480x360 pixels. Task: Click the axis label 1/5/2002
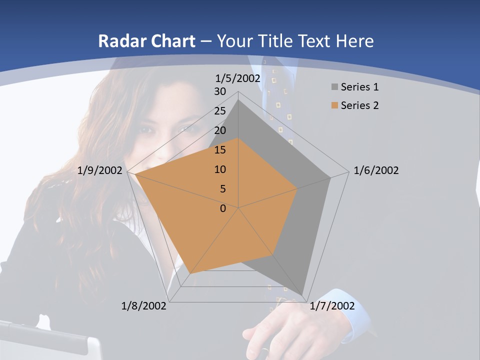point(238,78)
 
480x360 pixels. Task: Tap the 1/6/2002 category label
point(376,170)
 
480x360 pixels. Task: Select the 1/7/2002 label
point(332,306)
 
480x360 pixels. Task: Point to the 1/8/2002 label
point(144,306)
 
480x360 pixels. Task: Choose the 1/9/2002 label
point(100,170)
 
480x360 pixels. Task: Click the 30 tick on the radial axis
point(220,91)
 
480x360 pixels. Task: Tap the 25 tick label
point(220,111)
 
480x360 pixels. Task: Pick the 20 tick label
point(220,130)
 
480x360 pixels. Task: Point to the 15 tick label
point(220,150)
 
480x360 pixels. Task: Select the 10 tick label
point(220,169)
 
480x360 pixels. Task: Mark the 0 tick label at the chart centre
point(223,208)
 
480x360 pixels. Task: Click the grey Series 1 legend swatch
point(334,87)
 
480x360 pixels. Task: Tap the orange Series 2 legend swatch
point(334,105)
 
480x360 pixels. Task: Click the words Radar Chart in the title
point(146,41)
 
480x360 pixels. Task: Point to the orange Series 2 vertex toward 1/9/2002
point(135,174)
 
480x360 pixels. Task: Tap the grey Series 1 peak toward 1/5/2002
point(238,100)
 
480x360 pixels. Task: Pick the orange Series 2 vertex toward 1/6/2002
point(297,188)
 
